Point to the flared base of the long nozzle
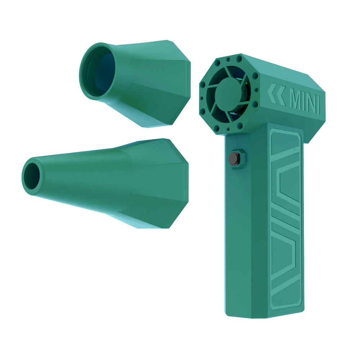click(166, 184)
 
